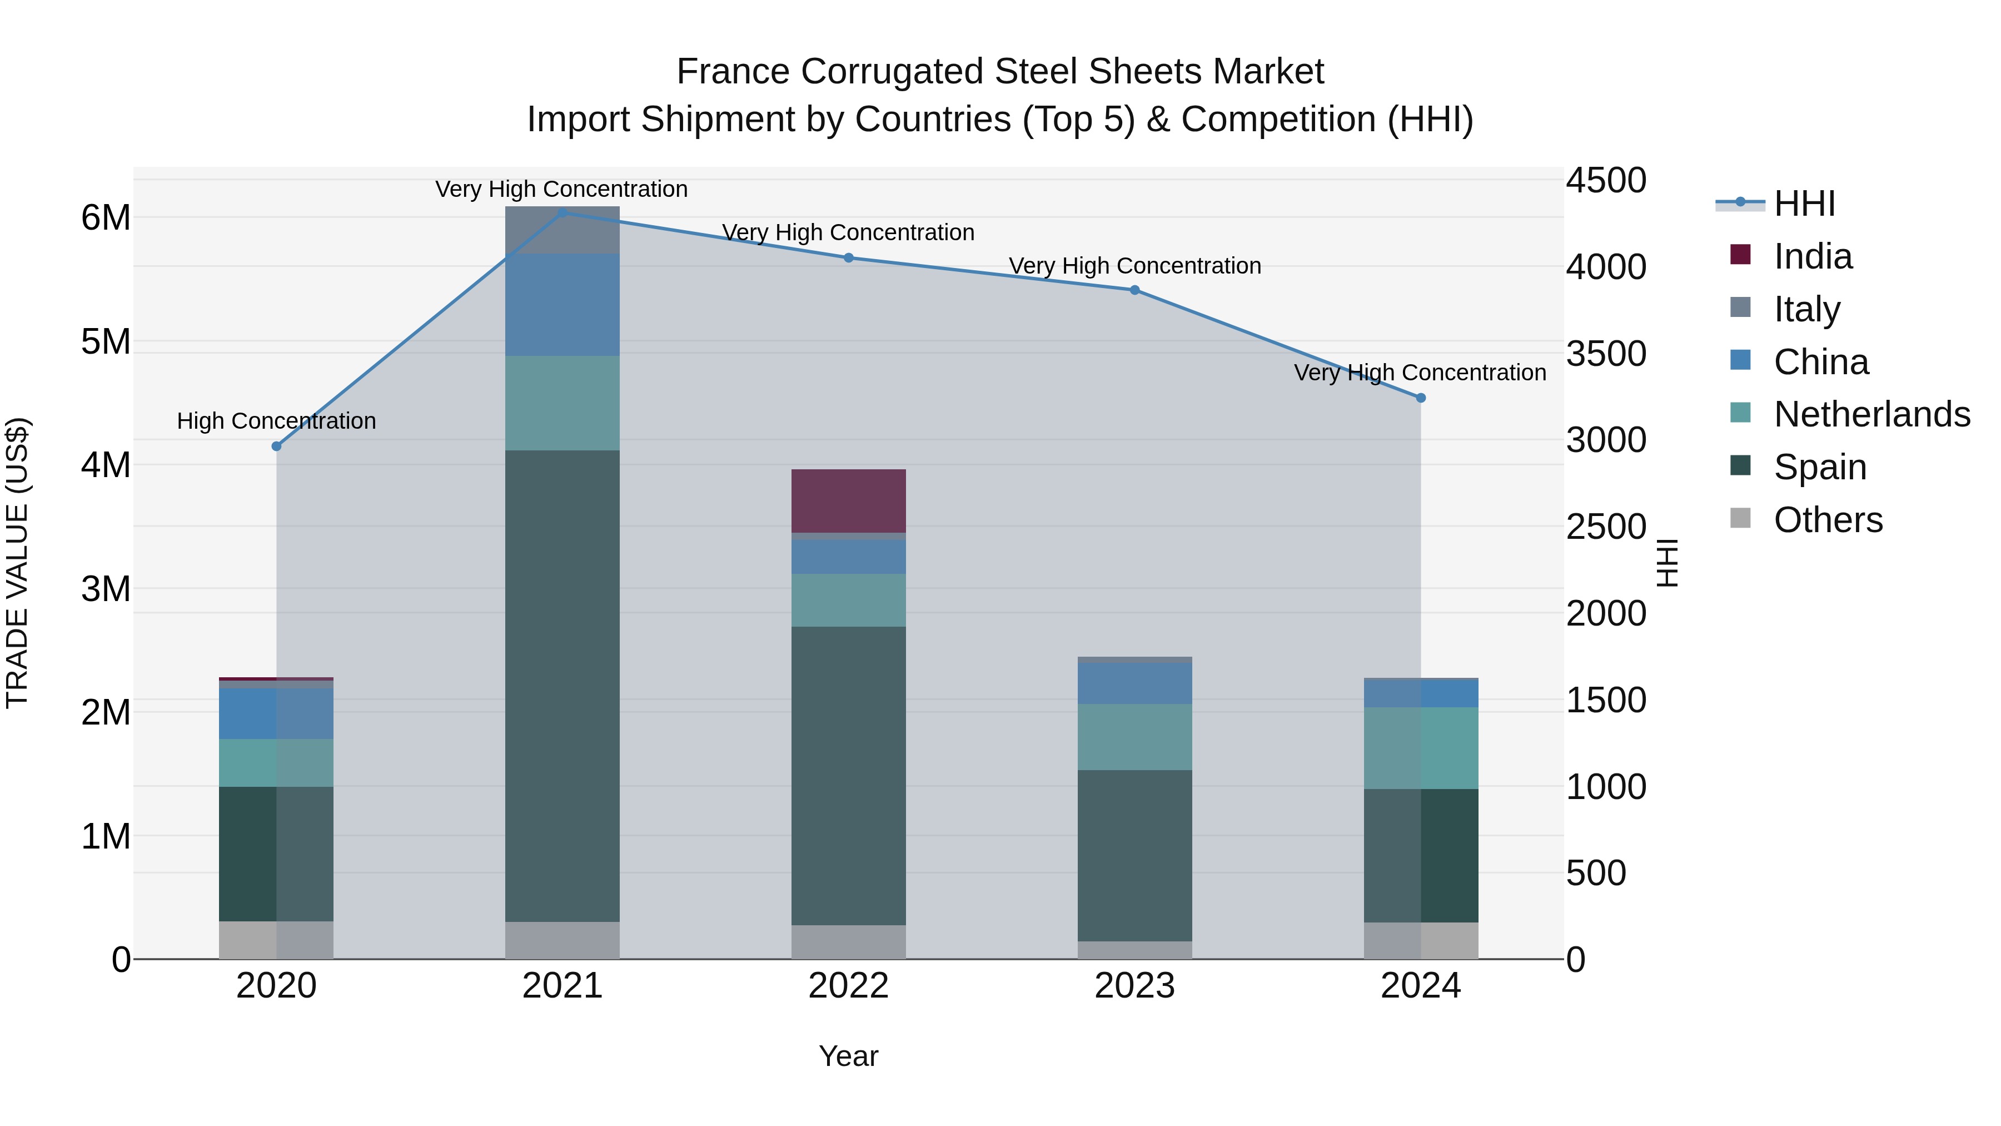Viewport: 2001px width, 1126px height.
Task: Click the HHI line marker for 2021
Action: (563, 212)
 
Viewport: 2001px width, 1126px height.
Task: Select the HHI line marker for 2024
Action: (1421, 398)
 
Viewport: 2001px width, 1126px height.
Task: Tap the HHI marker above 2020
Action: (277, 446)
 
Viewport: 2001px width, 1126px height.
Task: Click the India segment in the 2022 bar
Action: (848, 500)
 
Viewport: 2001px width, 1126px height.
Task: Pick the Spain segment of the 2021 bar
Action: (563, 684)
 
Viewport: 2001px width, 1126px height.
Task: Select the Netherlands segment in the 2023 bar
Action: (1134, 737)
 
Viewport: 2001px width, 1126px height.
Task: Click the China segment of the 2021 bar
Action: (563, 305)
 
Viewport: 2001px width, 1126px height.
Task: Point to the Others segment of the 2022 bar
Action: (848, 942)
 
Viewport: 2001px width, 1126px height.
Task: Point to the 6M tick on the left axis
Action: (106, 217)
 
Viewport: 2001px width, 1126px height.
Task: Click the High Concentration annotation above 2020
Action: (277, 421)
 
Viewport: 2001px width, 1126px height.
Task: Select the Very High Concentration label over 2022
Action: (848, 232)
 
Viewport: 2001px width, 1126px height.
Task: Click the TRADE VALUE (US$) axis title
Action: (17, 563)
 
